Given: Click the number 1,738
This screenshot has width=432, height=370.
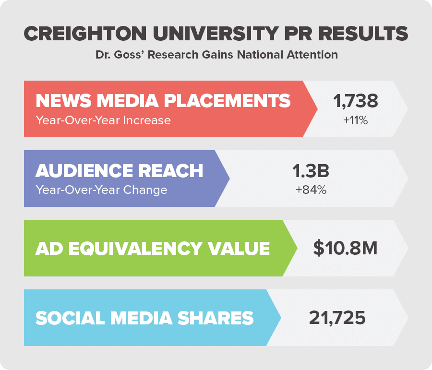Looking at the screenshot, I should (x=356, y=101).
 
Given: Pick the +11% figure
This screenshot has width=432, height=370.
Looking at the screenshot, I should (x=356, y=120).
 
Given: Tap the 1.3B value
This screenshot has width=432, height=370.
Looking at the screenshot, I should (x=311, y=171).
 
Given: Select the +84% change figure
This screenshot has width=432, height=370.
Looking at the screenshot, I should (x=311, y=190).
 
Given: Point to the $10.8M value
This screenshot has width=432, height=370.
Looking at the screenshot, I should (x=345, y=248).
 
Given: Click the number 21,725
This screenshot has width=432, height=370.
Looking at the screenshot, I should (x=337, y=318).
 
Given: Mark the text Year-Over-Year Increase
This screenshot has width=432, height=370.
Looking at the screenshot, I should (x=103, y=120).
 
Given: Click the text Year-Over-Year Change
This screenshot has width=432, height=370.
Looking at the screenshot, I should (x=101, y=190).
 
